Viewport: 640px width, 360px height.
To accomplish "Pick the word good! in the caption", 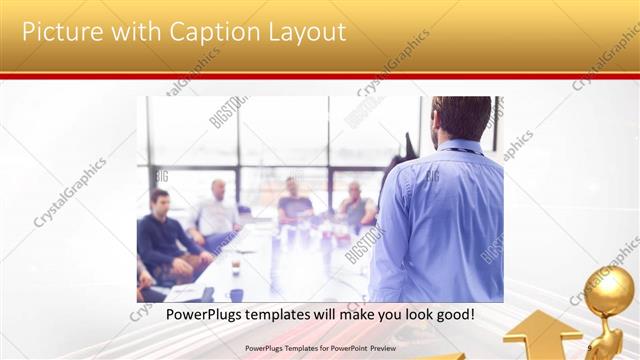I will click(452, 315).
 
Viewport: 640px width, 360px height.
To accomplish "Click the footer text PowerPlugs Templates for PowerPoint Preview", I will click(320, 349).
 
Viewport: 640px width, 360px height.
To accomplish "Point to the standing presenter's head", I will click(461, 118).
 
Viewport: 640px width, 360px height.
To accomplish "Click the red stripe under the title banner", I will click(320, 75).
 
